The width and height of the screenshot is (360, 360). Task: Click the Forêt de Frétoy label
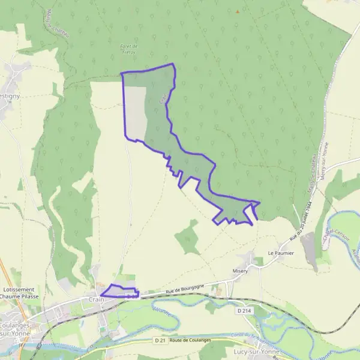pyautogui.click(x=130, y=49)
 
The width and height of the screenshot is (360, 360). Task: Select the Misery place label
pyautogui.click(x=240, y=271)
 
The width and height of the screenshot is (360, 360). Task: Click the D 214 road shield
pyautogui.click(x=243, y=311)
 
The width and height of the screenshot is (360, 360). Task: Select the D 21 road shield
pyautogui.click(x=159, y=341)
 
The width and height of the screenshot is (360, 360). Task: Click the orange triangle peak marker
pyautogui.click(x=237, y=11)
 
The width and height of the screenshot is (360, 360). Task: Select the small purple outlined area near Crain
pyautogui.click(x=118, y=291)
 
